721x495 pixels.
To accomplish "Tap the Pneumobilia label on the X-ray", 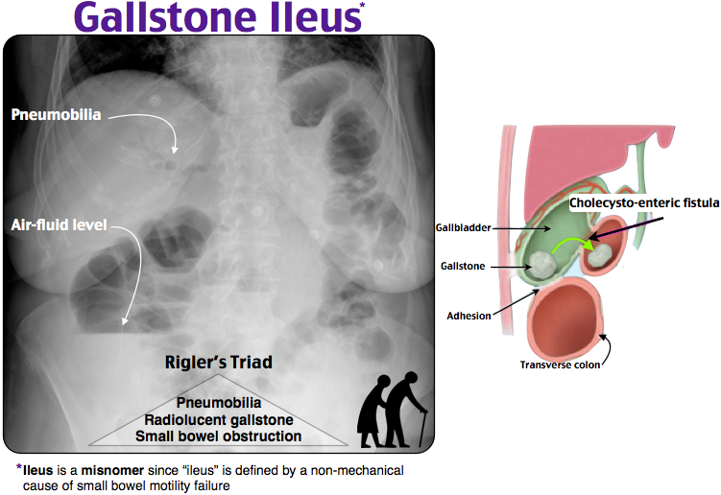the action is (56, 115).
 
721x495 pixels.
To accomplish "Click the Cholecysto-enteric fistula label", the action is (637, 202).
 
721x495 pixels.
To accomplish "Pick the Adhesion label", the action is (469, 314).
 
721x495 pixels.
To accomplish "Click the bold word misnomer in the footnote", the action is (103, 470).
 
